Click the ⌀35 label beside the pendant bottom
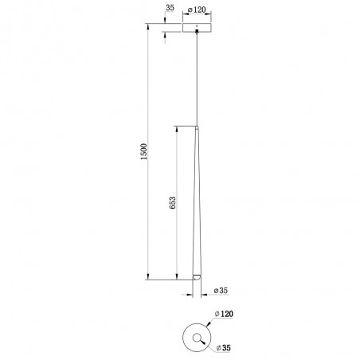coord(221,290)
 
